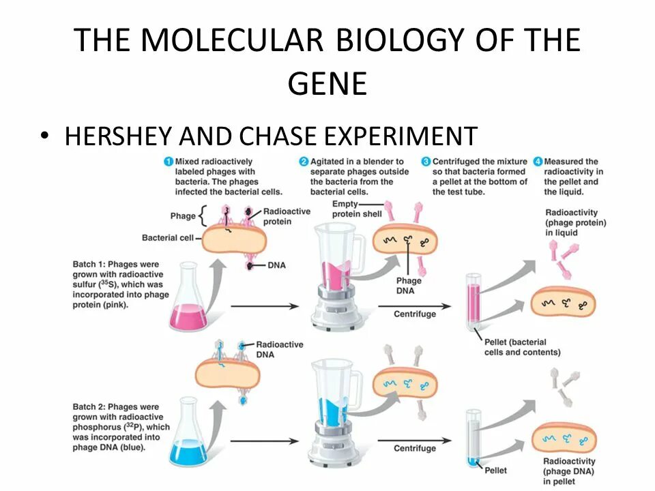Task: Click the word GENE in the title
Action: pyautogui.click(x=327, y=85)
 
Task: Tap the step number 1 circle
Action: pyautogui.click(x=168, y=162)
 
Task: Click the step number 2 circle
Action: pyautogui.click(x=304, y=162)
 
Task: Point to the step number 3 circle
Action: pyautogui.click(x=426, y=162)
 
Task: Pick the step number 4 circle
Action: pyautogui.click(x=538, y=162)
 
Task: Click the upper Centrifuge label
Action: pyautogui.click(x=415, y=314)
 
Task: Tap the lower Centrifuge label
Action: pyautogui.click(x=415, y=448)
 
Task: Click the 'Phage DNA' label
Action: pyautogui.click(x=409, y=285)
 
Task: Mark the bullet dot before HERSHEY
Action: pyautogui.click(x=45, y=136)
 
